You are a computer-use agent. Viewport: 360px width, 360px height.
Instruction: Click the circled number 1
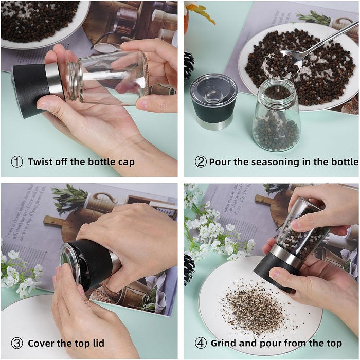click(x=17, y=162)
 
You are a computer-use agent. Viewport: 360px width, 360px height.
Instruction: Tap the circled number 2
click(x=201, y=162)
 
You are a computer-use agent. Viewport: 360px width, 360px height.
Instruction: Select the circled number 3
click(x=17, y=343)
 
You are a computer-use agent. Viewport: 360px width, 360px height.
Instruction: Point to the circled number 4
click(x=201, y=343)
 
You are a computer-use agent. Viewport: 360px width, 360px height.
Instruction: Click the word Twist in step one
click(x=41, y=162)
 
